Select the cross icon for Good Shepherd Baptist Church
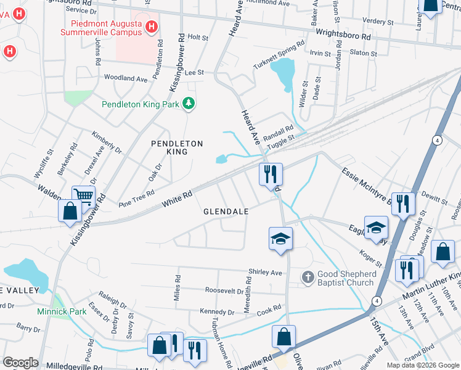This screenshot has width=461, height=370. (x=308, y=277)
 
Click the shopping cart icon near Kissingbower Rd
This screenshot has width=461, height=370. (x=84, y=197)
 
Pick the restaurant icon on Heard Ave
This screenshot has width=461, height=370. (x=271, y=175)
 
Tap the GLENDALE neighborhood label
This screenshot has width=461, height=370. (x=226, y=212)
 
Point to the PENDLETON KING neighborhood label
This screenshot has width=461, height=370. (x=177, y=147)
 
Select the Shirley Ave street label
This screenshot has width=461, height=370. (x=265, y=272)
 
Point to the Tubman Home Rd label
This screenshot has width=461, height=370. (x=221, y=336)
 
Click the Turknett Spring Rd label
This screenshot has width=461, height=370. (x=279, y=56)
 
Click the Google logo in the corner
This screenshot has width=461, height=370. (x=20, y=363)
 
